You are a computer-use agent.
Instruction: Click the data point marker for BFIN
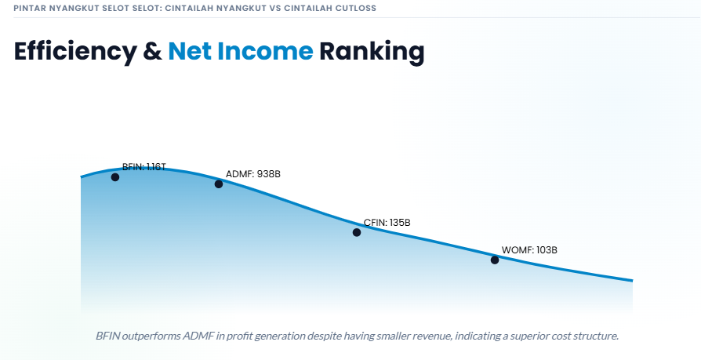pos(115,177)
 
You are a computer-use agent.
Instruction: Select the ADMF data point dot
pos(219,184)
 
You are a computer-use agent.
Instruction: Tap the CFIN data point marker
pos(356,232)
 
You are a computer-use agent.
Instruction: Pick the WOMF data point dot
pos(495,260)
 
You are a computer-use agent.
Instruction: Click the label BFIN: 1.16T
pos(144,167)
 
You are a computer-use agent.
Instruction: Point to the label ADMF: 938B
pos(253,174)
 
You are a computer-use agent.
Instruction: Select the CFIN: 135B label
pos(387,222)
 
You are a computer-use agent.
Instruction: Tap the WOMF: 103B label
pos(529,250)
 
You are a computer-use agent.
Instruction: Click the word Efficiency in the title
pos(75,52)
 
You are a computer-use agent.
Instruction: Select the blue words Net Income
pos(241,51)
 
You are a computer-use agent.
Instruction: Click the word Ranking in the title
pos(372,52)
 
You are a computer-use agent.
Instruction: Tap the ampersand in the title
pos(152,51)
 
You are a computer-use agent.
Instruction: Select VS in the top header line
pos(274,8)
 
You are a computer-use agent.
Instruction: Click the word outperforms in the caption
pos(151,336)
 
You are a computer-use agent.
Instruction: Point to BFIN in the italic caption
pos(107,336)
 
